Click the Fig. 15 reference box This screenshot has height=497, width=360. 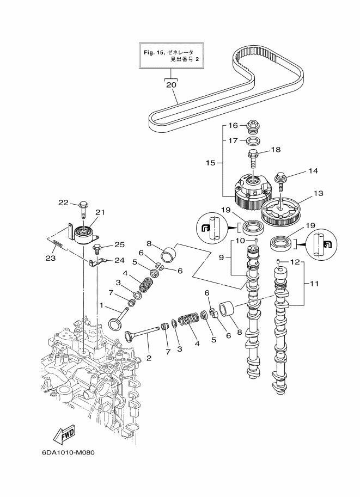(x=170, y=56)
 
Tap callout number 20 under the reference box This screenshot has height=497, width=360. (x=170, y=85)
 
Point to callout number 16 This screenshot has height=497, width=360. (x=233, y=125)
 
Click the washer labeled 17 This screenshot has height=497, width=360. (x=253, y=140)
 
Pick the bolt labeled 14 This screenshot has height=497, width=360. (x=282, y=179)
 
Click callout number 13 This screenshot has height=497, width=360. (x=319, y=193)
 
